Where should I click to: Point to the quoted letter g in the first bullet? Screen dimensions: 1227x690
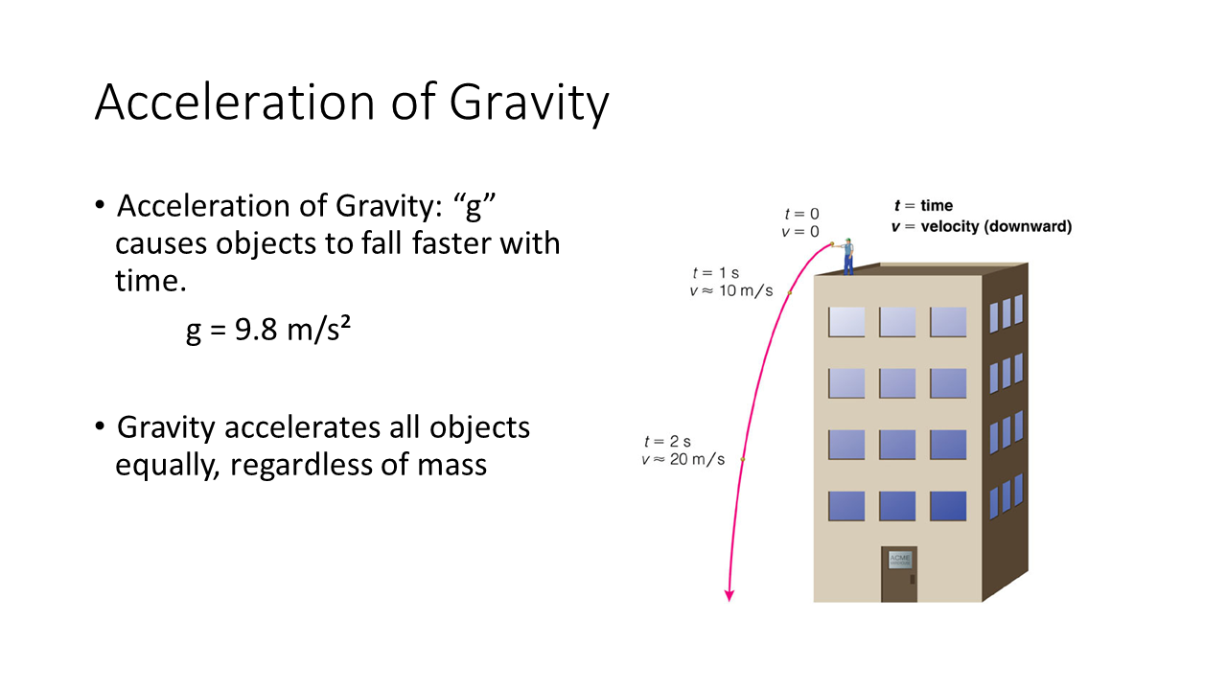(475, 208)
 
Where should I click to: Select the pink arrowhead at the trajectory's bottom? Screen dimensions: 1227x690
(729, 595)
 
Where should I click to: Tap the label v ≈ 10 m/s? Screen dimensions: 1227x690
(731, 290)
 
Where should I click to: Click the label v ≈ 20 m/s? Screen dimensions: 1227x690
(683, 459)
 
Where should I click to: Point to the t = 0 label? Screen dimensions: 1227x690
(801, 214)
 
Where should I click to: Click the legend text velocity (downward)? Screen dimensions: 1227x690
(996, 227)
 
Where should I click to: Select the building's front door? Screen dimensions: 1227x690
(899, 574)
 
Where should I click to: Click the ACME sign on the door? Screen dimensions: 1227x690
(900, 560)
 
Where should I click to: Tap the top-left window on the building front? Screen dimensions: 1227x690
(846, 322)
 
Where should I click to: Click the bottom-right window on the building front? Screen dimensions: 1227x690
(948, 505)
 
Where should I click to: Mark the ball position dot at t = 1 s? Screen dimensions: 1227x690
(789, 293)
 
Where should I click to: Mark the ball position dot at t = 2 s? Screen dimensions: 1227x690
(743, 459)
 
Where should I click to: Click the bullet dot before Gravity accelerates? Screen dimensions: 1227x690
(99, 426)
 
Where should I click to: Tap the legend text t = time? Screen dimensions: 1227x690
(923, 206)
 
